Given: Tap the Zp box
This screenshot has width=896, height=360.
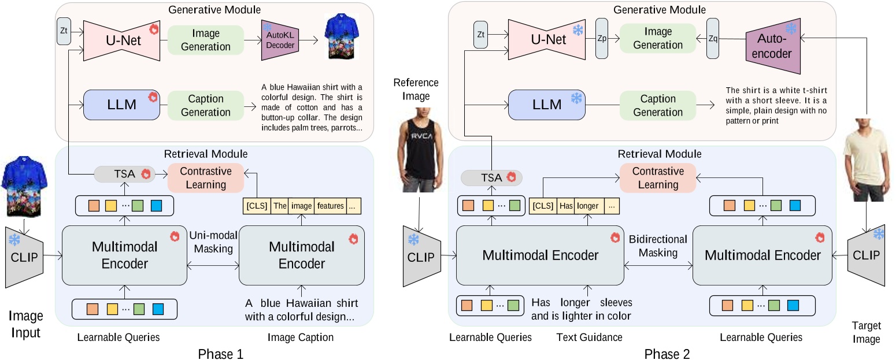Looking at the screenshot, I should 602,39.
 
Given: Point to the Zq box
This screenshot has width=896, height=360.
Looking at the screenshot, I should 713,39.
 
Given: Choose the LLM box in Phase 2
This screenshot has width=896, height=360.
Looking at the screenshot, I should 547,105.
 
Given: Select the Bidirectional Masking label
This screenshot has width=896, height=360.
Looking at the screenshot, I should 658,246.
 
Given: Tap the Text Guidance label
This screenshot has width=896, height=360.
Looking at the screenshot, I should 589,337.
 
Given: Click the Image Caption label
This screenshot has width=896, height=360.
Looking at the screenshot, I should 301,337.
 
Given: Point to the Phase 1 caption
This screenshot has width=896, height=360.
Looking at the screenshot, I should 220,354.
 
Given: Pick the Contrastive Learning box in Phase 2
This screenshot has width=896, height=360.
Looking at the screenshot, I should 658,178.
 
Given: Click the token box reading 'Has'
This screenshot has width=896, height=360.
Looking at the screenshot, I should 566,206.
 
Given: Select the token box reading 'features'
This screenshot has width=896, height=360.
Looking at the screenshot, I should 330,206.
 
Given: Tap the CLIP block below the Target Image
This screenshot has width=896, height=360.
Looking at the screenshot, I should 866,255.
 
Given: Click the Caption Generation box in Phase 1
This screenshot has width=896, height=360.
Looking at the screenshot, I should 206,105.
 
